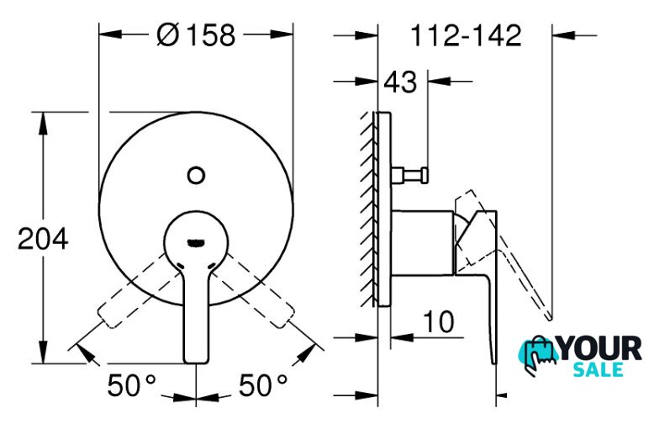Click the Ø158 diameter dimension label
click(x=196, y=34)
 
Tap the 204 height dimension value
click(x=43, y=239)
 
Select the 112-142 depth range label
click(x=466, y=35)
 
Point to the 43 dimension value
click(x=400, y=82)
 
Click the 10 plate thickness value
click(x=438, y=321)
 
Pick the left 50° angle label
click(x=131, y=384)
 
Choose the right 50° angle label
click(x=263, y=384)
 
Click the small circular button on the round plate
click(x=196, y=175)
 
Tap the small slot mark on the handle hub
click(x=196, y=242)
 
